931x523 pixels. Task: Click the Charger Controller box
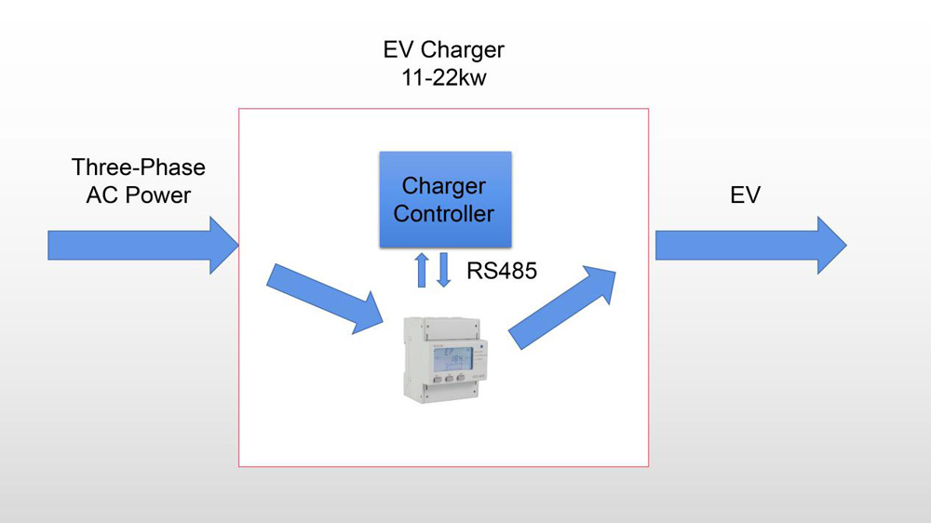point(445,199)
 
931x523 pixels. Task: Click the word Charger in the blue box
point(444,185)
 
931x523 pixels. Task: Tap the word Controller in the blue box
point(444,214)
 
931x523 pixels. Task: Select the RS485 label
point(502,272)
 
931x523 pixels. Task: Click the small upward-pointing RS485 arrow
point(422,269)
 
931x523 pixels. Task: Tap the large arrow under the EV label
point(750,246)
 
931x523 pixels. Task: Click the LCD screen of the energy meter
point(452,358)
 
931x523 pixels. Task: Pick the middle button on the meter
point(448,380)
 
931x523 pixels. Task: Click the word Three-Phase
point(138,168)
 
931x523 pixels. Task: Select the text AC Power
point(138,195)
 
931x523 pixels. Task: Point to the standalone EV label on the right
point(745,195)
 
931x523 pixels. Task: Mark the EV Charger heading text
point(444,49)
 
